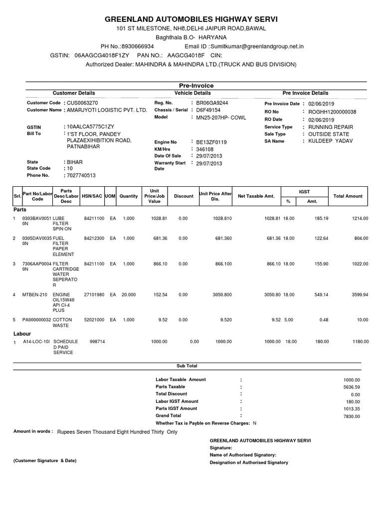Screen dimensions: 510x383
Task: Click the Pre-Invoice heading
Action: click(191, 86)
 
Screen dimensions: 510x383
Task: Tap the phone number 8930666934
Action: click(140, 46)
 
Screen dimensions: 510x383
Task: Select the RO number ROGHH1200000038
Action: click(332, 112)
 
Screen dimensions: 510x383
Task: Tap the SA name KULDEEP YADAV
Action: click(330, 141)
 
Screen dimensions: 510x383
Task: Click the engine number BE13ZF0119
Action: click(211, 142)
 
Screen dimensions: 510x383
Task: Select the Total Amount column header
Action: click(348, 196)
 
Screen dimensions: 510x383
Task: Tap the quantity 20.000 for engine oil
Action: click(128, 295)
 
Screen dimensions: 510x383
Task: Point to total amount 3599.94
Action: click(359, 295)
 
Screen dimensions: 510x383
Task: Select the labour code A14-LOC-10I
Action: click(36, 341)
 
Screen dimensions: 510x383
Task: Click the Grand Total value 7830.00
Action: click(351, 416)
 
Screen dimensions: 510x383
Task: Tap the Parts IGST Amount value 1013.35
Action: click(351, 408)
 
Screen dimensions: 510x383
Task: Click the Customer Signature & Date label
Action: click(45, 461)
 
